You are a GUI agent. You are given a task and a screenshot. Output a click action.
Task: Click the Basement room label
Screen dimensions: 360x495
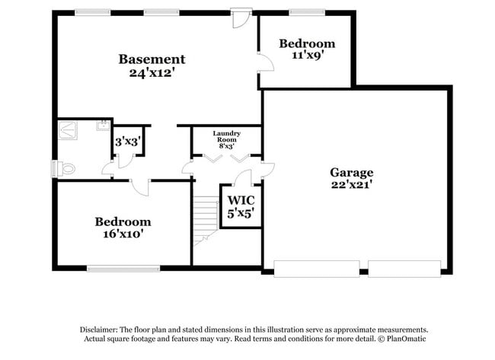point(152,59)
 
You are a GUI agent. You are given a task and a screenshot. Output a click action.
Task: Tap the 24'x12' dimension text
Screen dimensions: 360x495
point(152,74)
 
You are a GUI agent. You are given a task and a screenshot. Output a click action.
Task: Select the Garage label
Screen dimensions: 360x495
point(351,172)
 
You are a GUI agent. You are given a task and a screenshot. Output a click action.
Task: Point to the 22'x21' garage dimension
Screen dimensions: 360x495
point(351,185)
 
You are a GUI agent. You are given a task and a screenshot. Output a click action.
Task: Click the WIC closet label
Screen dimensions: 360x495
point(241,201)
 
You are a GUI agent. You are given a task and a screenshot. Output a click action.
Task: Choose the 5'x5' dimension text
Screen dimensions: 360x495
point(241,215)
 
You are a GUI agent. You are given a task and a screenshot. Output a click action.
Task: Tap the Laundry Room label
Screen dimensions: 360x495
point(226,137)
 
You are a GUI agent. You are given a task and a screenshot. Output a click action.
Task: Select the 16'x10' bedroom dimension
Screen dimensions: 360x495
point(123,234)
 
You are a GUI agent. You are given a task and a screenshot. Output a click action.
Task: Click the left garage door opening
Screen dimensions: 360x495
point(317,268)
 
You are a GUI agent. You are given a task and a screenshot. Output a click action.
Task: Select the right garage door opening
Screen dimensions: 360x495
point(404,268)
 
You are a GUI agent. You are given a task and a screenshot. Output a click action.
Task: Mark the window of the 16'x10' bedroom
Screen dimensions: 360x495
point(123,268)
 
